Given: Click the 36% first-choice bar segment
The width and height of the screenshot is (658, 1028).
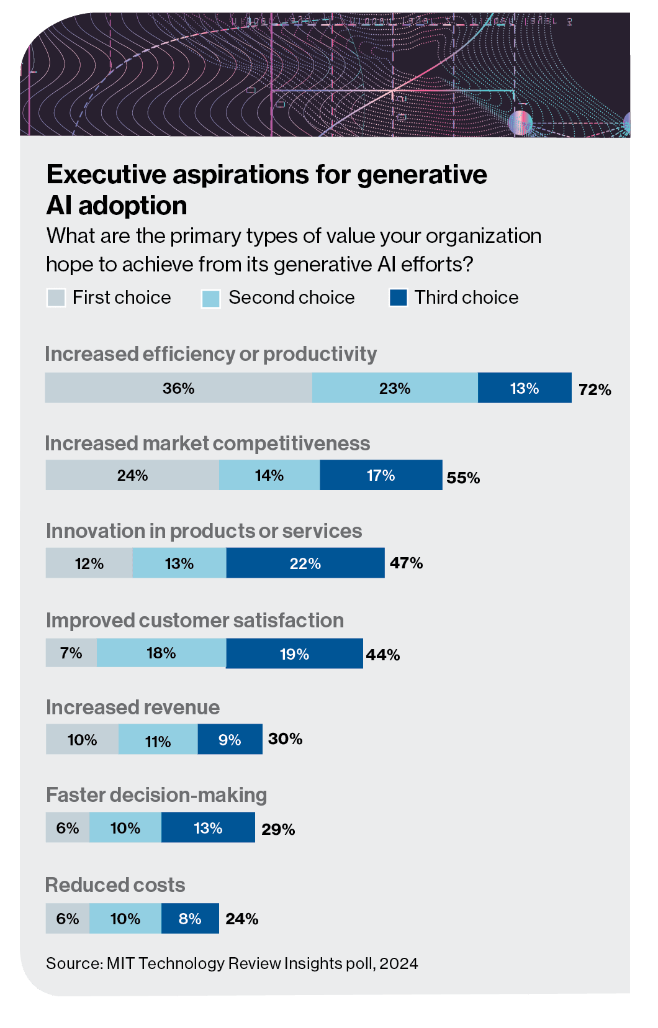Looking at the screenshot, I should point(179,388).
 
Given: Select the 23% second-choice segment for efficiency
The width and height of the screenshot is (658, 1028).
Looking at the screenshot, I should point(395,388).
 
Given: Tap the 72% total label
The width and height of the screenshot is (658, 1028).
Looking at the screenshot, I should point(595,389).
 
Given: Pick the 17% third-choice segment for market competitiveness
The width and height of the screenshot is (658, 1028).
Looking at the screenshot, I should point(381,475).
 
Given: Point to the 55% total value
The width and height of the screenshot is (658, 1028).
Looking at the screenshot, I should point(463,478).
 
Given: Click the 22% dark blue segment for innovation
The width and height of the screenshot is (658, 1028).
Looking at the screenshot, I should point(305,563).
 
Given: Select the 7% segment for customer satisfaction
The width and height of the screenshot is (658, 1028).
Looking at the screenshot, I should point(71,653).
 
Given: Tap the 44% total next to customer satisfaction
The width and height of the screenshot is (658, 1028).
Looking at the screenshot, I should point(383,655).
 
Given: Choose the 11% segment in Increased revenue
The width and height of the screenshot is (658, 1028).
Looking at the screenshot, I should point(158,741).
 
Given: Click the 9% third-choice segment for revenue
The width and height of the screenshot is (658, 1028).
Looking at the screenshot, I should point(230,740).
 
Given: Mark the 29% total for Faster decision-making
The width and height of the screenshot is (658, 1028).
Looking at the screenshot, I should point(278,829).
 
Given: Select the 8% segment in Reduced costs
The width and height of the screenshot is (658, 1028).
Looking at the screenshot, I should point(190,919).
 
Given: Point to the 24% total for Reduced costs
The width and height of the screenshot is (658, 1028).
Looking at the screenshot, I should point(242,919).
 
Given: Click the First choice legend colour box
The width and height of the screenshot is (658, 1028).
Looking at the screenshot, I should point(56,298).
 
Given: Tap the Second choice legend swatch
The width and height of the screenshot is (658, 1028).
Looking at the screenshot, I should point(211,298).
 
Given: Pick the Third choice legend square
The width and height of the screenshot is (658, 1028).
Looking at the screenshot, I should point(398,298).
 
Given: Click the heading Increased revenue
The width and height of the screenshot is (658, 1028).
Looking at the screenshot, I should point(133,707).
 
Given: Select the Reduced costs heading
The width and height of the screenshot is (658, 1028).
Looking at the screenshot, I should point(115,885).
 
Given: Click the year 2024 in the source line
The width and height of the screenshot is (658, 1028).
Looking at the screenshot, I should point(399,963).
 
